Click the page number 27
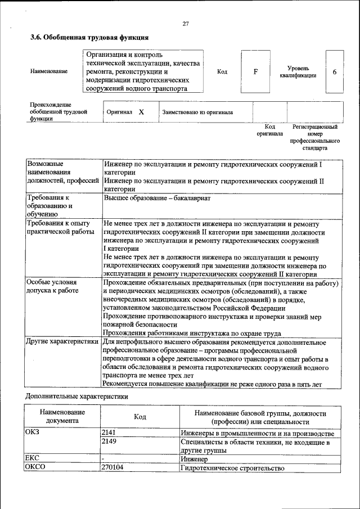click(186, 23)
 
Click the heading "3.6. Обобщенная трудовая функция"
click(89, 38)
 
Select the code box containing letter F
click(255, 71)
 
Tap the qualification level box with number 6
click(334, 72)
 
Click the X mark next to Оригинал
click(141, 112)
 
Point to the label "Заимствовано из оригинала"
click(197, 112)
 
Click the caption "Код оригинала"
click(270, 131)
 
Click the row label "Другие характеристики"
click(62, 341)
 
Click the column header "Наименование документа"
click(62, 416)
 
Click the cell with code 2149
click(109, 443)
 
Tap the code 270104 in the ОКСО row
click(112, 467)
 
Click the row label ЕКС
click(32, 459)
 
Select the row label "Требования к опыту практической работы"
click(56, 228)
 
